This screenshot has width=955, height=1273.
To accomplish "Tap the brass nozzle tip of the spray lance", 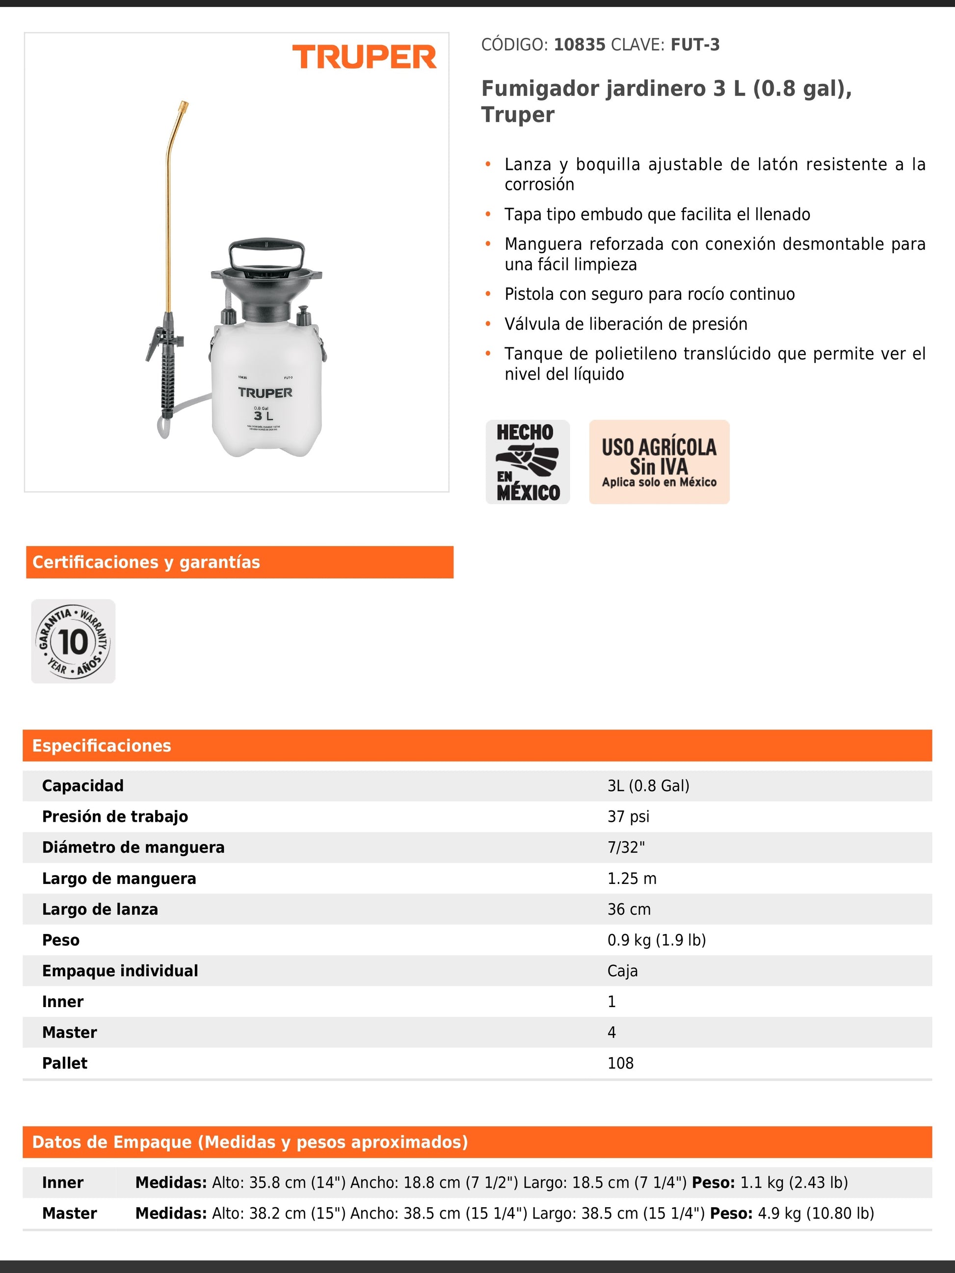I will pos(184,106).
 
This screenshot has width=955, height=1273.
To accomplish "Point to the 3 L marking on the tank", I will pos(264,416).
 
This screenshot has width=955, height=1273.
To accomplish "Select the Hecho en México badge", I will pos(527,462).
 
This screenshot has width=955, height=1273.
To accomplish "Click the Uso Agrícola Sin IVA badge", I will pos(659,462).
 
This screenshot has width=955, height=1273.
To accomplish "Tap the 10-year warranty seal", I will pos(73,642).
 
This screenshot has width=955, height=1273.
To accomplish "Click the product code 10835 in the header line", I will pos(579,45).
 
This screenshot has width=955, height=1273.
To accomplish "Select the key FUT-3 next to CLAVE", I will pos(695,45).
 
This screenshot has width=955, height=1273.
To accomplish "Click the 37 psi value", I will pos(628,817).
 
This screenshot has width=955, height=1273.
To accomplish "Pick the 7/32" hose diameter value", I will pos(626,847).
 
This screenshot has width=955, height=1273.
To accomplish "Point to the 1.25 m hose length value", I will pos(632,878).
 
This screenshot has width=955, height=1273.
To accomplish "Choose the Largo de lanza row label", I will pos(100,909).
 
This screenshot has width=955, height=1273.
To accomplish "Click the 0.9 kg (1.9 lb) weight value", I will pos(656,940).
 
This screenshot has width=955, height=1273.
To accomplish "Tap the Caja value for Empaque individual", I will pos(622,971).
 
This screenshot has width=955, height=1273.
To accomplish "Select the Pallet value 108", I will pos(620,1063).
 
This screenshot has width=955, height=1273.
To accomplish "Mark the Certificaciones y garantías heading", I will pos(146,562).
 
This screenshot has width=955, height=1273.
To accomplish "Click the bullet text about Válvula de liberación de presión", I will pos(626,324).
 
